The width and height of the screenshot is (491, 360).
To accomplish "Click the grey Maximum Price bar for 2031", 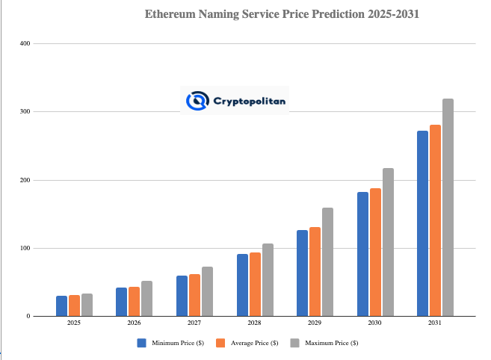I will tap(448, 208).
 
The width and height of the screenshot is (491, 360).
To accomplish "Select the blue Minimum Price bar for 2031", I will tap(422, 223).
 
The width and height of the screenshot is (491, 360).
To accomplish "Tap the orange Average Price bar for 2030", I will tap(375, 252).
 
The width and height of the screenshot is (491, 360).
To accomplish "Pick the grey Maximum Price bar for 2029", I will tap(327, 262).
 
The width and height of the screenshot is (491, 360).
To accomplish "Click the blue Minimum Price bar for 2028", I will tap(242, 285).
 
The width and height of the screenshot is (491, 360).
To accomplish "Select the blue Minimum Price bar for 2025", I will tap(61, 306).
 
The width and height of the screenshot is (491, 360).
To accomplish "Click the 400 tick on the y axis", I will tap(25, 43).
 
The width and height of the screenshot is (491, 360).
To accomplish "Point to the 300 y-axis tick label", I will tap(25, 112).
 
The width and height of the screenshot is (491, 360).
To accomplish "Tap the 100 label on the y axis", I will tap(25, 248).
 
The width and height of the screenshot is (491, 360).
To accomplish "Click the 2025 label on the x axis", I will tap(74, 324).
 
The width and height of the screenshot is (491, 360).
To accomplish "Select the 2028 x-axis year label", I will tap(254, 324).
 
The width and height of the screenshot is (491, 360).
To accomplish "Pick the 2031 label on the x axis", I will tap(435, 324).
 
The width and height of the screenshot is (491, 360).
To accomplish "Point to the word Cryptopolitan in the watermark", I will tap(249, 100).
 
